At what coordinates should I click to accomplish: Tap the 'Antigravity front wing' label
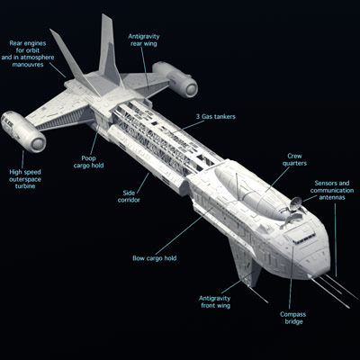click(220, 301)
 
